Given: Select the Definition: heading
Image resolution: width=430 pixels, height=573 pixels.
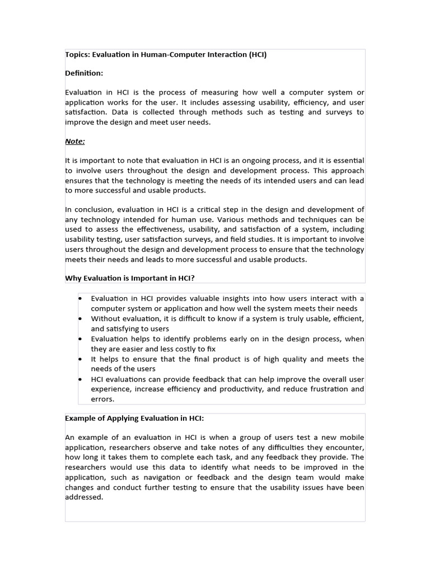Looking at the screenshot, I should coord(84,73).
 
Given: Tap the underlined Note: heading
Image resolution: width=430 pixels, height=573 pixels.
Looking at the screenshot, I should coord(75,142).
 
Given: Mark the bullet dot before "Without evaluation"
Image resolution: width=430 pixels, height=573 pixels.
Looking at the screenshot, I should coord(81,318).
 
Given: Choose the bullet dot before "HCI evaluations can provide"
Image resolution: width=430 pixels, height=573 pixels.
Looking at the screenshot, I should coord(81,379).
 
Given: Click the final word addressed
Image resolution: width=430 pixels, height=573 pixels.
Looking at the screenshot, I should coord(84,497).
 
